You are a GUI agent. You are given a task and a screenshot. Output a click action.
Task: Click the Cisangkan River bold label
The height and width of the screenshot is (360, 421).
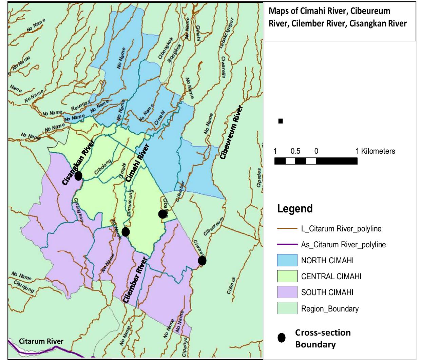pyautogui.click(x=78, y=162)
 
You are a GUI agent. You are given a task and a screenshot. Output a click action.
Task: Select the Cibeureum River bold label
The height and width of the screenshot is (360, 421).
pyautogui.click(x=232, y=132)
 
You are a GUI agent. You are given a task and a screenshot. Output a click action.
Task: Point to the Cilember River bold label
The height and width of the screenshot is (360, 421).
pyautogui.click(x=135, y=280)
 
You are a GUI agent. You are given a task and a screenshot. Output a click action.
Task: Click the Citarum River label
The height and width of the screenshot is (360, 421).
pyautogui.click(x=41, y=341)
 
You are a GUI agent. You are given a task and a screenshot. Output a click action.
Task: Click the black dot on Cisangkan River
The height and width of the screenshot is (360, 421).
pyautogui.click(x=78, y=176)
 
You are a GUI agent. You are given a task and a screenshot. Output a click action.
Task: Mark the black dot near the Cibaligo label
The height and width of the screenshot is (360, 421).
pyautogui.click(x=162, y=214)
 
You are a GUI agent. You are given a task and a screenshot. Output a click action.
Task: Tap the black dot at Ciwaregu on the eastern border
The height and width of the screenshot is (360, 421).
pyautogui.click(x=202, y=261)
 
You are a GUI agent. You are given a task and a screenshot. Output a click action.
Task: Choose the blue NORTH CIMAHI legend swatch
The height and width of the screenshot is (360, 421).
pyautogui.click(x=287, y=260)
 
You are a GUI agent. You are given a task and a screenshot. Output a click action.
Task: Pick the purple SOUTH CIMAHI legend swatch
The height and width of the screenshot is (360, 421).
pyautogui.click(x=287, y=292)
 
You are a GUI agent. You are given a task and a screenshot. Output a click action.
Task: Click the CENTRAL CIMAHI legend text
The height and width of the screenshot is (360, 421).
pyautogui.click(x=331, y=277)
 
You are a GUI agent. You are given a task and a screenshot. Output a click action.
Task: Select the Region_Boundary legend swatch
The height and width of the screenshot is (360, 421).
pyautogui.click(x=287, y=308)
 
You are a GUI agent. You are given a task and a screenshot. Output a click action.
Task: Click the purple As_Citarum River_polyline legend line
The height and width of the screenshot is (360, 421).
pyautogui.click(x=287, y=245)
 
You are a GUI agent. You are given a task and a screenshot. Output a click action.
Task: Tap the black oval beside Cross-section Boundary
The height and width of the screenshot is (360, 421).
pyautogui.click(x=282, y=338)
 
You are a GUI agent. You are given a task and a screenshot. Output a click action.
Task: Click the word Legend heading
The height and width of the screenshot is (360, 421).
pyautogui.click(x=295, y=208)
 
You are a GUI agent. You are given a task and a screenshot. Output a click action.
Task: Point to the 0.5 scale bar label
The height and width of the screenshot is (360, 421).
pyautogui.click(x=295, y=151)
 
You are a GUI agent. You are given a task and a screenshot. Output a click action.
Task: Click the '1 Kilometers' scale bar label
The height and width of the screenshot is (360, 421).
pyautogui.click(x=375, y=151)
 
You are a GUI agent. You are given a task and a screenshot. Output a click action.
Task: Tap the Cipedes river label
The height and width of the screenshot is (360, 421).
pyautogui.click(x=259, y=177)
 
